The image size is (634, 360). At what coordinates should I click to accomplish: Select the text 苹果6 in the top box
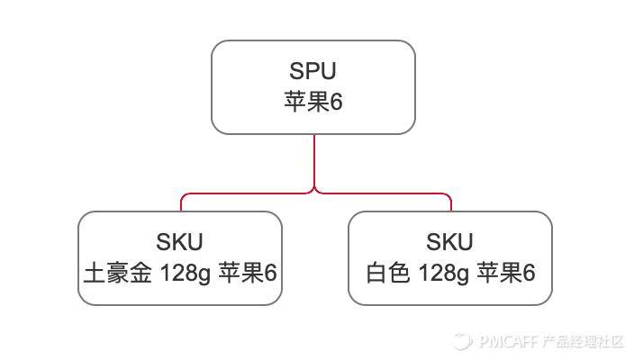(312, 102)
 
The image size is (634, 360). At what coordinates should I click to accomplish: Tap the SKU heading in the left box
(179, 242)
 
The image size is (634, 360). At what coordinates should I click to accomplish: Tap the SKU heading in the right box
(449, 242)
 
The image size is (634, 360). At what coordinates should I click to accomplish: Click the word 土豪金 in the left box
(118, 272)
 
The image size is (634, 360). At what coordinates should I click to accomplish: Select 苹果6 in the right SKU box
(506, 272)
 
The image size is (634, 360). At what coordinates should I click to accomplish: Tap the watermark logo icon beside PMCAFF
(464, 342)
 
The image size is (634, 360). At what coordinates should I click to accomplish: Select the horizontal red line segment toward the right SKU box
(383, 193)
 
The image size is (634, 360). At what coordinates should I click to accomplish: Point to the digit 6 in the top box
(337, 102)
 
